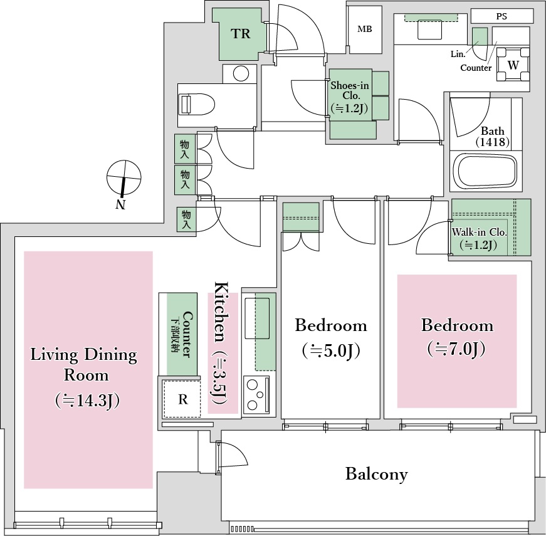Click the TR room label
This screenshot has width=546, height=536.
coord(241,34)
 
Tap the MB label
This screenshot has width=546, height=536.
coord(365,29)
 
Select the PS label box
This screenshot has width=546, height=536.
coord(501,16)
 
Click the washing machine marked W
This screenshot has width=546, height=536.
coord(513,65)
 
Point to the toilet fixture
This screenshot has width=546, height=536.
coord(196,104)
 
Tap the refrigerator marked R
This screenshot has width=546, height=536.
coord(183,399)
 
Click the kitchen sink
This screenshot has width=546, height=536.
coord(257,318)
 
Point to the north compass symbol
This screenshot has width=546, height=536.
coord(123,178)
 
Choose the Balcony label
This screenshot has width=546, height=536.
coord(376,474)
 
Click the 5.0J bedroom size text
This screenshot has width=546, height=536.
coord(331,350)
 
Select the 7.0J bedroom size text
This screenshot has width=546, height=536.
coord(456,349)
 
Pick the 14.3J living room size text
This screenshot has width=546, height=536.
coord(87,401)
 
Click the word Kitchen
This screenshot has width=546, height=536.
coord(222,312)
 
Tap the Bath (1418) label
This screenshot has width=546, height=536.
coord(492,137)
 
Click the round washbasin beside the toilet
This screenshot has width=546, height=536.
coord(241,74)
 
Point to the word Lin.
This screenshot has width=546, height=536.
coord(458,54)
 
